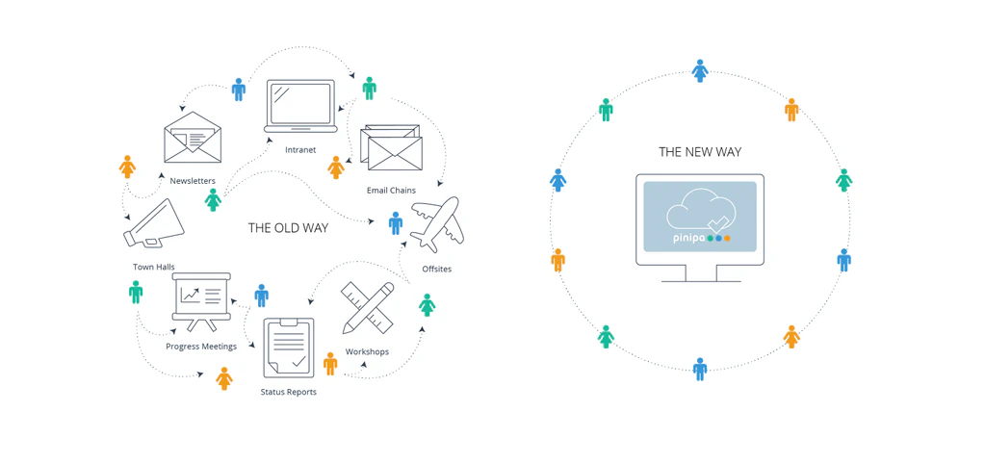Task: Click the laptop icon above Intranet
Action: pos(300,106)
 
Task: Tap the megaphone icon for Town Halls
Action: pos(155,225)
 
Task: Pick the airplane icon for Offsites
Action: pos(435,224)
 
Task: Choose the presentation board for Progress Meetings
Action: pos(201,301)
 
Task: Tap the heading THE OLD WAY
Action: pos(288,228)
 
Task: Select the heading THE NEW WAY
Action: pos(700,152)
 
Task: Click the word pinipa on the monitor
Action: pos(687,237)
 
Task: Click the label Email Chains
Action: pos(391,191)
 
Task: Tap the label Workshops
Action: pos(367,351)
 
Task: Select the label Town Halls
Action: pos(154,267)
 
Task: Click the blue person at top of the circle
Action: pos(700,70)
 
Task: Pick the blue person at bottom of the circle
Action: pos(700,369)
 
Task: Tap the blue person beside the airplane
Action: pos(395,223)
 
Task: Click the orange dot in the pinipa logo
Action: pos(727,238)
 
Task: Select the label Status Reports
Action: pos(288,392)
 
